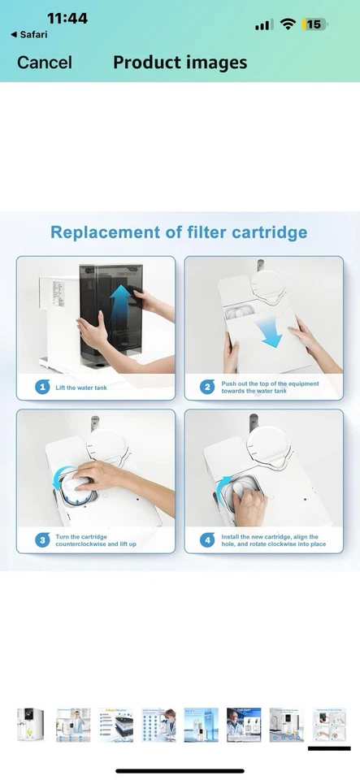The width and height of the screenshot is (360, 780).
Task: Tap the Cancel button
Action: [x=45, y=63]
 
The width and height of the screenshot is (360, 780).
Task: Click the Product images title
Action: [x=180, y=63]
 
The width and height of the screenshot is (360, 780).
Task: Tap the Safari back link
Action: [x=28, y=35]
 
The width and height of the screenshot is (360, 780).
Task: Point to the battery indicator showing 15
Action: [x=314, y=24]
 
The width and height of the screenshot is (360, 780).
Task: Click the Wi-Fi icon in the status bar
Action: [x=287, y=24]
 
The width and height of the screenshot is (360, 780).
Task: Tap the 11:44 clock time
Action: [x=67, y=18]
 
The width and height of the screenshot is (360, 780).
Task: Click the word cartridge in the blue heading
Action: [x=266, y=232]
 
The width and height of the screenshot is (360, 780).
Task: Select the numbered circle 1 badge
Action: [x=41, y=387]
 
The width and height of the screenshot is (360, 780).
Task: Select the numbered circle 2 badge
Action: [x=207, y=387]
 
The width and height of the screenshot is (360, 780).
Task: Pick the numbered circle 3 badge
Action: [x=41, y=540]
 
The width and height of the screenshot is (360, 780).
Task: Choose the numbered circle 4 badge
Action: [x=207, y=540]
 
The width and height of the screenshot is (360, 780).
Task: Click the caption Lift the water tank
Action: [x=82, y=388]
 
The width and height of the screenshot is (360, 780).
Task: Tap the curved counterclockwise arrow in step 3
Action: [x=61, y=484]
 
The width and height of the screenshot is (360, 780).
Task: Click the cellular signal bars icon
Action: [x=263, y=25]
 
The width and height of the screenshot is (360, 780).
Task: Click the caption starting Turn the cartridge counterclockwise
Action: [x=92, y=540]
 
